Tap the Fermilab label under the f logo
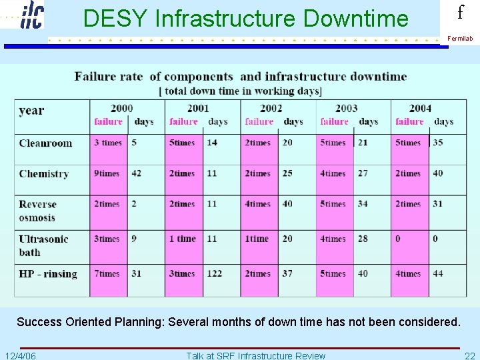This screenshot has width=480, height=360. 460,39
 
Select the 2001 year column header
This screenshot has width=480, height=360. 198,108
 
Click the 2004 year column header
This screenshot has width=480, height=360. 420,108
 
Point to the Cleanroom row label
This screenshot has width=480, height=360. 45,143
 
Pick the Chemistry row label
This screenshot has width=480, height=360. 44,174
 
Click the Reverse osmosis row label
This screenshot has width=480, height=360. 38,211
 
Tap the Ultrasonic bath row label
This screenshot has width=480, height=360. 43,245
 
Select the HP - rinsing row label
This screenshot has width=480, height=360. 48,274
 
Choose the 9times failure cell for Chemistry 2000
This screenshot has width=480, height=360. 107,173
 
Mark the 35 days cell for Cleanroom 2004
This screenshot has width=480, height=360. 437,142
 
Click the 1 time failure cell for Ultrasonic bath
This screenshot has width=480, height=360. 183,239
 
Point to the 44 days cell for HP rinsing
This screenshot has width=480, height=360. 437,273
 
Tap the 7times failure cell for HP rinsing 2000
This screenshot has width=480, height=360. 107,273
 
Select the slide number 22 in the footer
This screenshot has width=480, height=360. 469,355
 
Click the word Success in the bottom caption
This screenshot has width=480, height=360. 39,322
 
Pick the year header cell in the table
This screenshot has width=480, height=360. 31,111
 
